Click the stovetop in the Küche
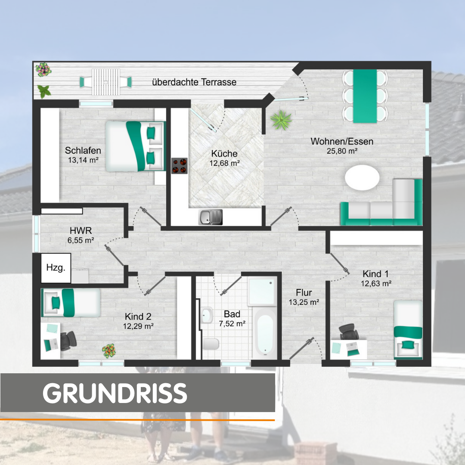point(180,166)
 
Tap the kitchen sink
point(210,217)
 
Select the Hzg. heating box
point(56,268)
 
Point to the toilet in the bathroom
point(211,344)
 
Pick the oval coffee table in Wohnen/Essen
point(362,177)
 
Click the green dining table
point(365,96)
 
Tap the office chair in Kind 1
point(349,332)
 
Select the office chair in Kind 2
point(68,341)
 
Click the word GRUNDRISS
point(115,393)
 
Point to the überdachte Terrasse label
point(194,82)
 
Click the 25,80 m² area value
point(342,151)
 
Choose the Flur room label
point(304,293)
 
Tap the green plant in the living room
point(281,120)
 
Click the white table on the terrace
point(106,82)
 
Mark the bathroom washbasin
point(207,315)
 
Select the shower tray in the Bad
point(263,291)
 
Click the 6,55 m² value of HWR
point(81,240)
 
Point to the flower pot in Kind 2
point(109,351)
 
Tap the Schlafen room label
point(83,151)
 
